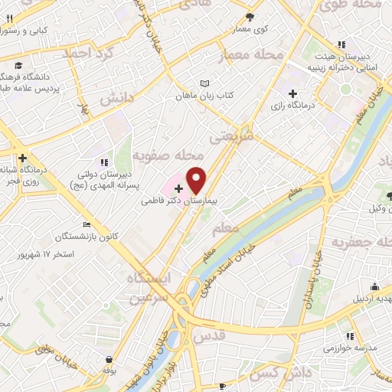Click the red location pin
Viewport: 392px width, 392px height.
(197, 180)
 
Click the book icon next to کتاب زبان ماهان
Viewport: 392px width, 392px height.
(204, 83)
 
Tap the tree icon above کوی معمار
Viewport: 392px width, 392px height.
(250, 17)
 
